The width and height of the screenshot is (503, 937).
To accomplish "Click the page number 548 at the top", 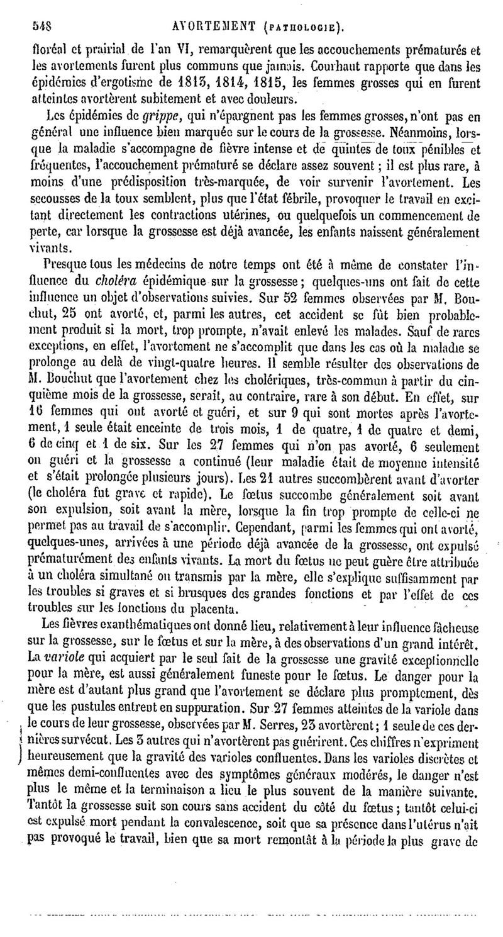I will coord(41,26).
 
